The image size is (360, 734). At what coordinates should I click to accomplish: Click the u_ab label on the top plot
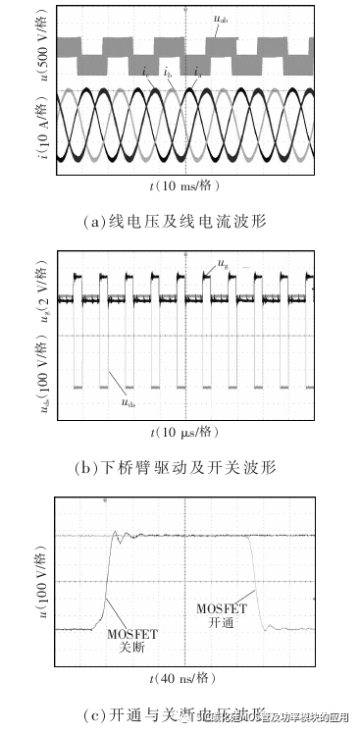[x=224, y=17]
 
